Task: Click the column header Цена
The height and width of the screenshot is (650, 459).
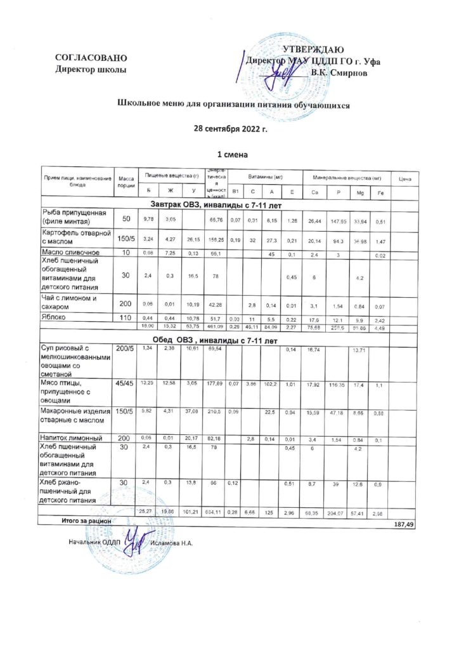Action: tap(404, 180)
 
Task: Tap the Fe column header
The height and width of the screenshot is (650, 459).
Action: tap(379, 192)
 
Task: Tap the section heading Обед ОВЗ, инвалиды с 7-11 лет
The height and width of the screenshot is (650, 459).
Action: tap(216, 341)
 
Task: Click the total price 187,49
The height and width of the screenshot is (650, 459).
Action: tap(404, 525)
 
